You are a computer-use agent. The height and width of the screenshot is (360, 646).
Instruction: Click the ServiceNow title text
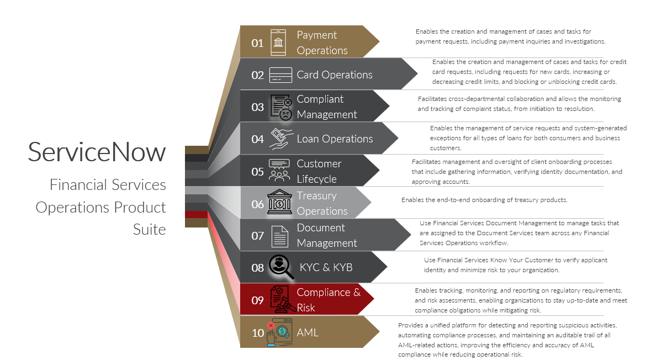97,152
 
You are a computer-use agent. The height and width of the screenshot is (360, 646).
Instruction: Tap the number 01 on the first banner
257,43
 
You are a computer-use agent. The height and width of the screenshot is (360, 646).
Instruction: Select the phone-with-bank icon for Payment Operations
278,43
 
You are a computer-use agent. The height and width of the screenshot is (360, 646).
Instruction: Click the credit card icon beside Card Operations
280,75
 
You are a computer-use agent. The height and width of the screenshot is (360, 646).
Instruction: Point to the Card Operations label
335,75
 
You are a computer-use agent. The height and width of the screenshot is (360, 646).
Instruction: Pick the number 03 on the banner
257,107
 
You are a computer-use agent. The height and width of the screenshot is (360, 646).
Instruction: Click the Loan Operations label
335,139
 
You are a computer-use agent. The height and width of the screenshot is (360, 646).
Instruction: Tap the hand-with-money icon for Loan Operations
280,139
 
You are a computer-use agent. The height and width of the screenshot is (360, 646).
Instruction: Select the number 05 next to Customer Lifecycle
257,172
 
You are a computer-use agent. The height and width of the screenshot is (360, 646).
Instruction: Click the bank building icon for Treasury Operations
279,203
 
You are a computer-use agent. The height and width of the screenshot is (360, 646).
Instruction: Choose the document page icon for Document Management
280,236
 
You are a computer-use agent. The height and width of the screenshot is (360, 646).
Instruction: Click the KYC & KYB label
326,267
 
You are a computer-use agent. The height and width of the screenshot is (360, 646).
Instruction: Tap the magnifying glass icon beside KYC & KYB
281,266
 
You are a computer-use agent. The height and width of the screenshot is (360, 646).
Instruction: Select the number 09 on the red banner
257,300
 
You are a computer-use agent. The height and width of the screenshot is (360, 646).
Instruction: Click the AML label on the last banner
308,332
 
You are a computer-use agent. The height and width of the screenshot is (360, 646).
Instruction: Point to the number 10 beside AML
258,332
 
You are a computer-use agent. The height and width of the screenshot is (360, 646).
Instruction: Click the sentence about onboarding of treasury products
484,200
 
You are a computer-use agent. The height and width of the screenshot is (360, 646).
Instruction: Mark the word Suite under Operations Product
149,229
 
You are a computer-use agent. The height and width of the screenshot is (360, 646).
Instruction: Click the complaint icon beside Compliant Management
281,107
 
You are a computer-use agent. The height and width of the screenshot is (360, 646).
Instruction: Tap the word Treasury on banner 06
316,195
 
